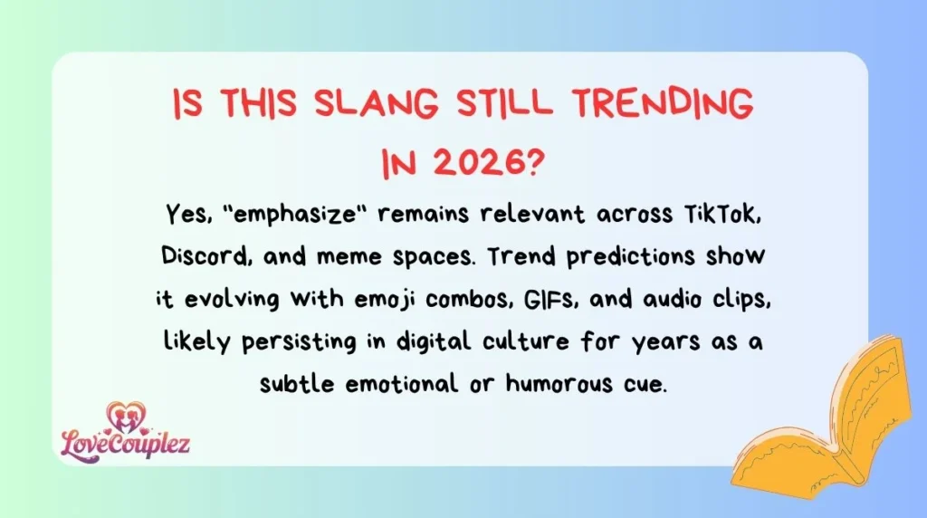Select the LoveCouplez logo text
coord(125,443)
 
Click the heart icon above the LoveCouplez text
coord(125,414)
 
